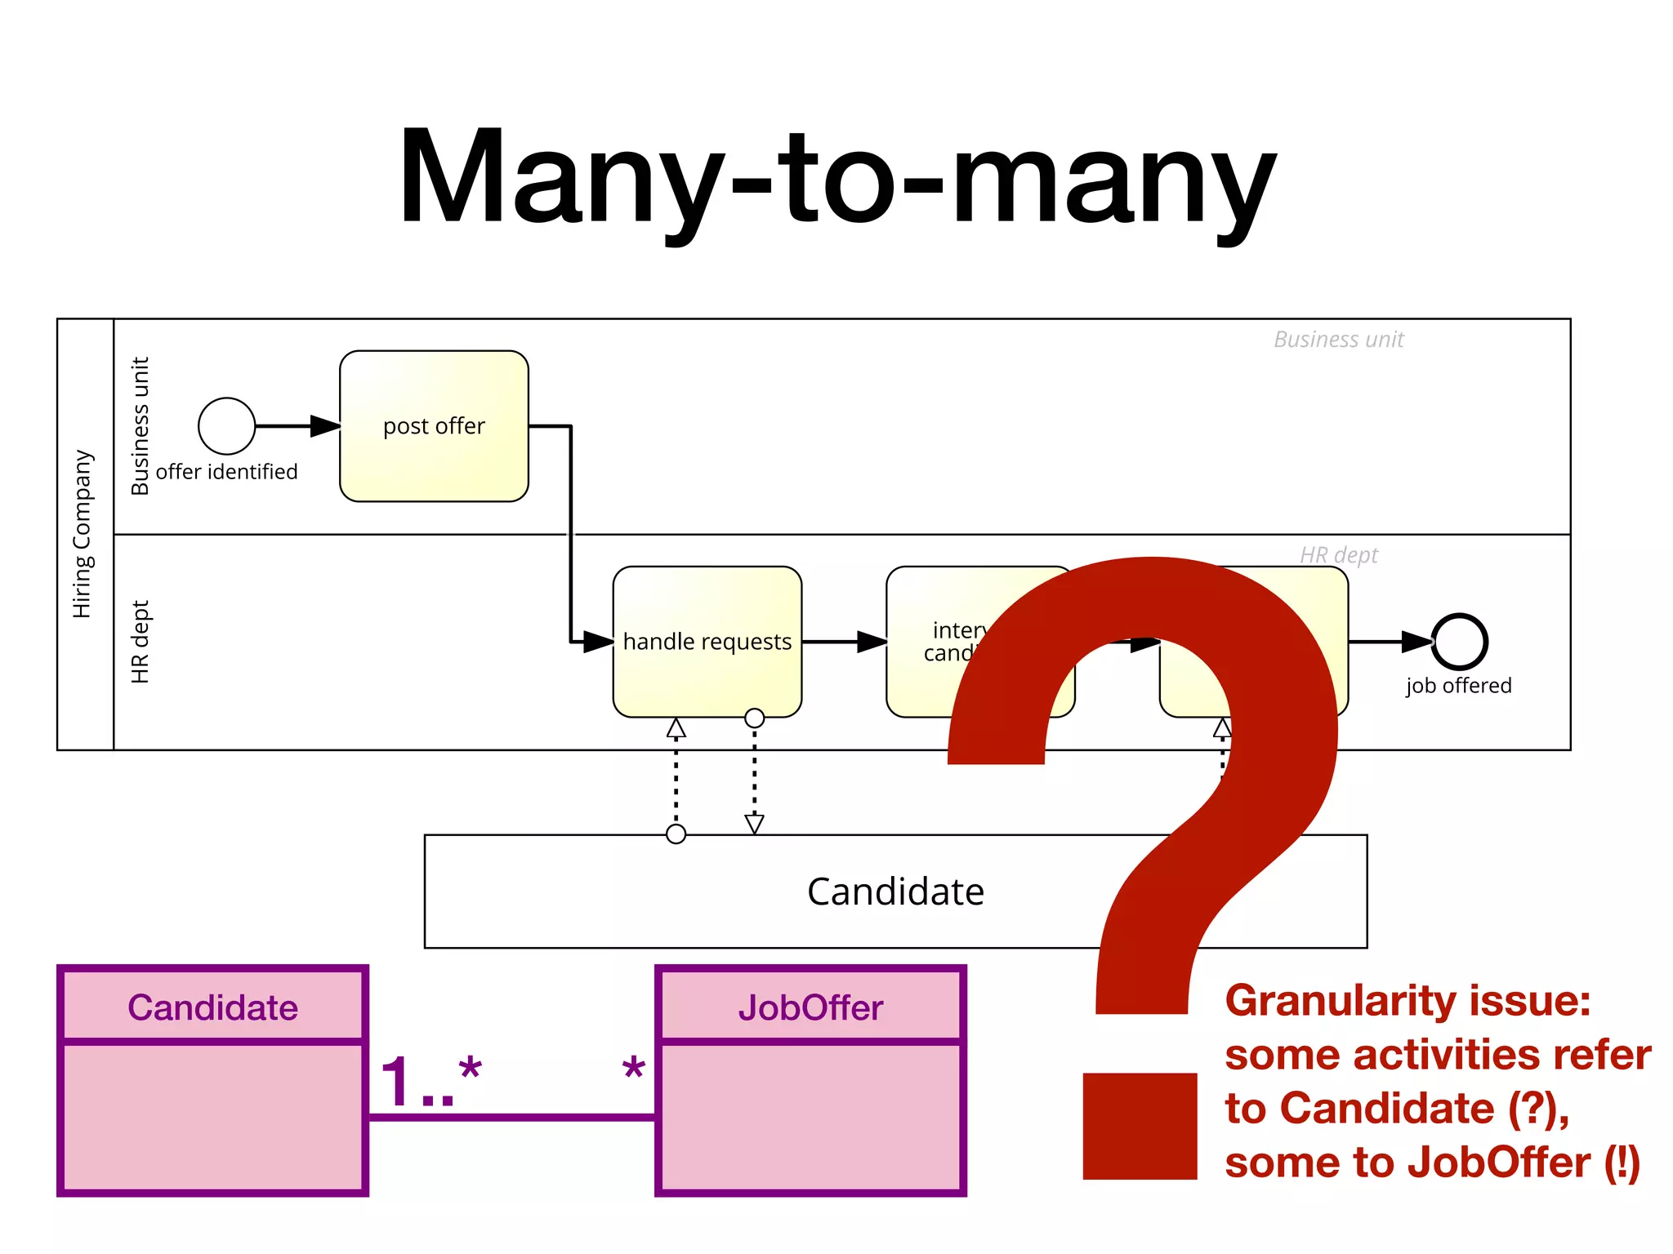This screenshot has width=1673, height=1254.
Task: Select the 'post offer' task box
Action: tap(434, 425)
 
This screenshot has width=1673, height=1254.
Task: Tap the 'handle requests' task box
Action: tap(707, 642)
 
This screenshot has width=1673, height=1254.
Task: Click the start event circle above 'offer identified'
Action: tap(226, 425)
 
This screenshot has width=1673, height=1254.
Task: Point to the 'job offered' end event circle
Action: tap(1459, 642)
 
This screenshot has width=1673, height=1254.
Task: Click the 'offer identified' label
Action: tap(226, 472)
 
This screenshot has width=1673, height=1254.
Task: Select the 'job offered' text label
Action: tap(1458, 686)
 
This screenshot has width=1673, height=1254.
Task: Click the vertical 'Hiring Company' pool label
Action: tap(83, 534)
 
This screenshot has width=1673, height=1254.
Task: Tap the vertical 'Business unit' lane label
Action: tap(141, 425)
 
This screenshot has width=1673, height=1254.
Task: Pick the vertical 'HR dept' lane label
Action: tap(141, 642)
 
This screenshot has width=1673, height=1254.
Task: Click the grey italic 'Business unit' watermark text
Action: tap(1338, 340)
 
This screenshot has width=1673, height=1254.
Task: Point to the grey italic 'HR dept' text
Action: tap(1338, 555)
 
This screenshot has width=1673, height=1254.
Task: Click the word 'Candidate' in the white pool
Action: tap(895, 892)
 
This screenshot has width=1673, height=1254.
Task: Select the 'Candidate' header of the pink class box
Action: tap(212, 1007)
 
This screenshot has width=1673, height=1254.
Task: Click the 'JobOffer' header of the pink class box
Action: tap(810, 1007)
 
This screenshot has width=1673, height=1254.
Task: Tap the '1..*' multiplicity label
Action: tap(431, 1081)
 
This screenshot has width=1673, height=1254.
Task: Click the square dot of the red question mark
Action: tap(1140, 1126)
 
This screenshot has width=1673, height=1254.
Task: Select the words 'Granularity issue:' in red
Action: tap(1408, 1001)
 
